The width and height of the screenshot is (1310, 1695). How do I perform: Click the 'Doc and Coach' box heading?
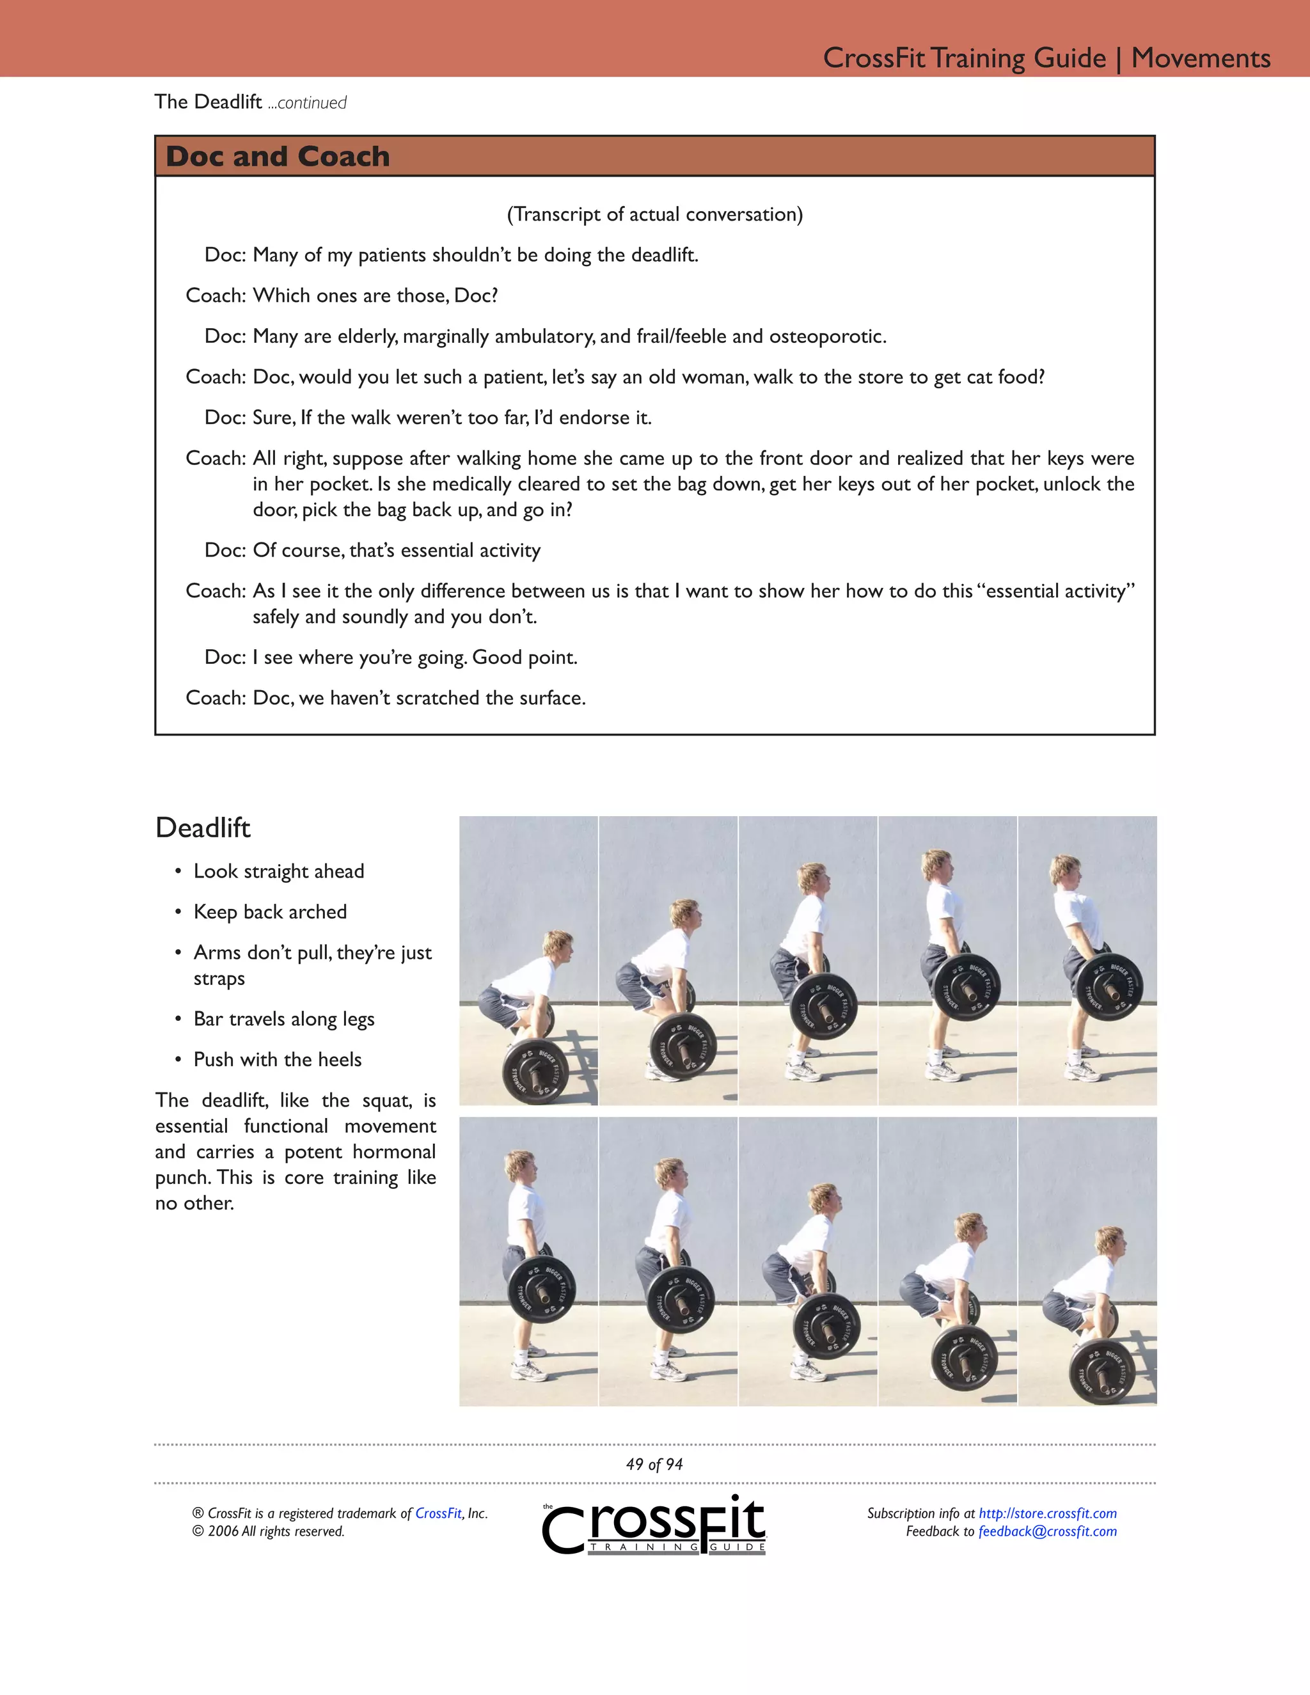(277, 156)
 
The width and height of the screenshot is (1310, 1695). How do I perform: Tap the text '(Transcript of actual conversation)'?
(654, 214)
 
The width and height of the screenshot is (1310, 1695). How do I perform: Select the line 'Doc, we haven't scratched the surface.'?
(419, 698)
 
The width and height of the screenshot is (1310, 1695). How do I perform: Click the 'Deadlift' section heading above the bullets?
(203, 827)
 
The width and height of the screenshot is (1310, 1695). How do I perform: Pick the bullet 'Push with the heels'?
(277, 1059)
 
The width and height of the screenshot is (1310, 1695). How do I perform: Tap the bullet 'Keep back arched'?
(270, 912)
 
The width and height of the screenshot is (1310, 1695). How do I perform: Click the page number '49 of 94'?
(654, 1465)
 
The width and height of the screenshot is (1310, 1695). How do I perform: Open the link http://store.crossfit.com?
(1047, 1513)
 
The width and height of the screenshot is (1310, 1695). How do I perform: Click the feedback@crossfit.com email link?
(1047, 1531)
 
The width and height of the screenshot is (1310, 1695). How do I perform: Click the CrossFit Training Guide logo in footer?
(654, 1525)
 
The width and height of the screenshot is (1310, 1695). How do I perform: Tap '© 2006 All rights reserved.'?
(269, 1531)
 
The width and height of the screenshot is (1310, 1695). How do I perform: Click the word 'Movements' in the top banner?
(1200, 58)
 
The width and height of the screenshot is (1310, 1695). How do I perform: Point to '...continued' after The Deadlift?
(307, 102)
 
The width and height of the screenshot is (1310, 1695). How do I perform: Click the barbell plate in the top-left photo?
(535, 1073)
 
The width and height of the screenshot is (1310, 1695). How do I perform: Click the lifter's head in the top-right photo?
(1065, 870)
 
